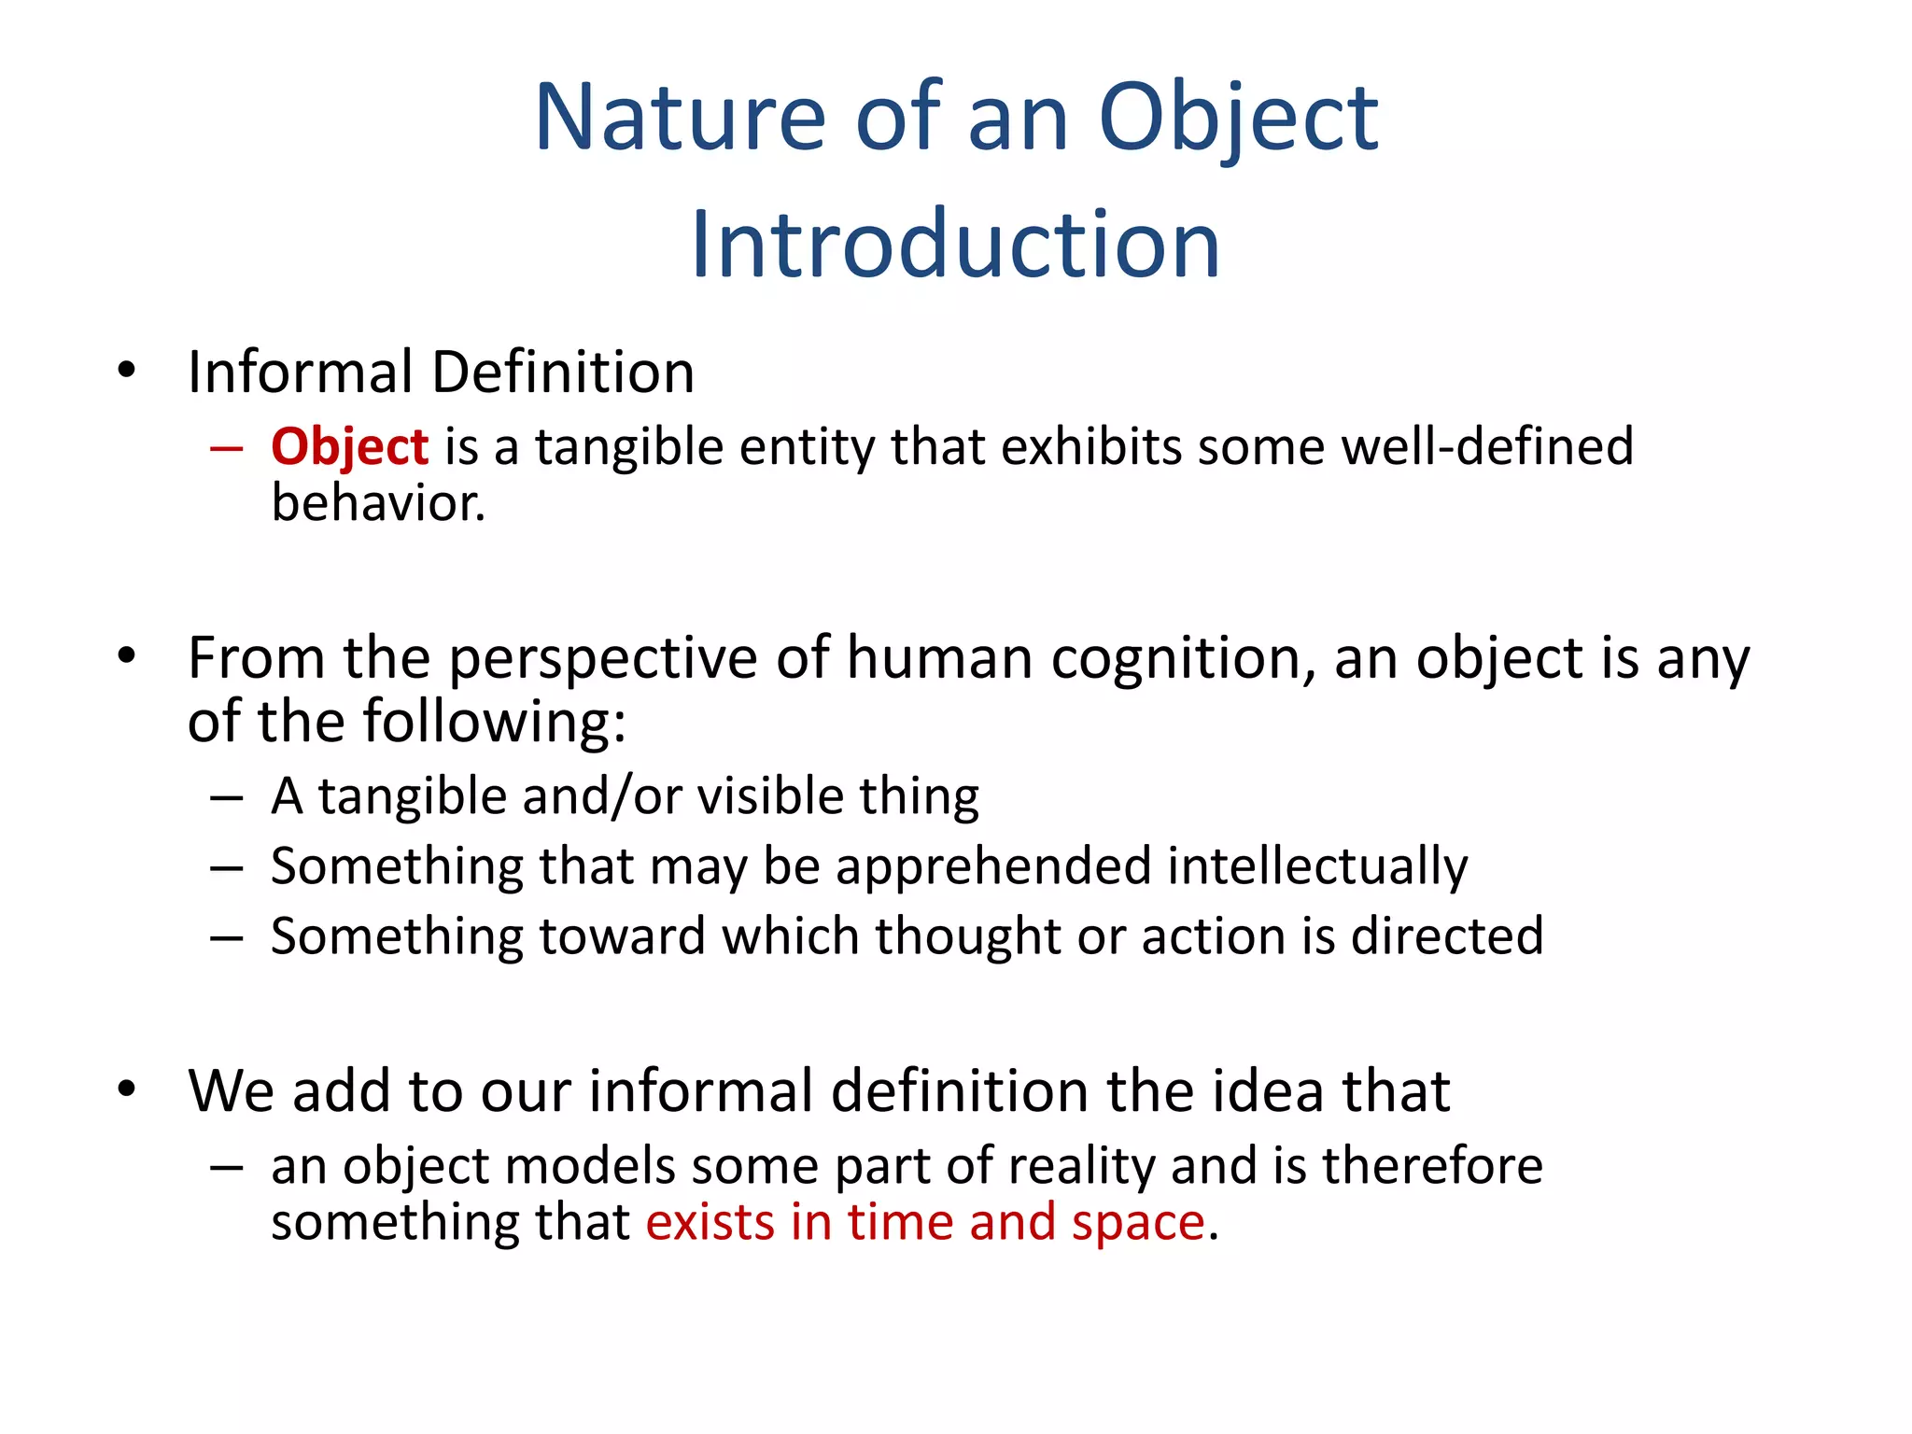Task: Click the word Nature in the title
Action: [x=679, y=118]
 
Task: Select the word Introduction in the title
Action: [x=955, y=245]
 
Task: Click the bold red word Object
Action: [x=349, y=446]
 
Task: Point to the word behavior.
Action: [x=378, y=503]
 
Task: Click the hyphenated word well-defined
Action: [x=1487, y=446]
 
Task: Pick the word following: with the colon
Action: [x=494, y=722]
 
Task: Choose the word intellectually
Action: [x=1317, y=866]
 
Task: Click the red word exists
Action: [x=710, y=1223]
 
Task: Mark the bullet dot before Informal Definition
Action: [x=127, y=371]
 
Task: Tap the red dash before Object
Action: [x=227, y=448]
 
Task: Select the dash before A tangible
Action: [x=227, y=798]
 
